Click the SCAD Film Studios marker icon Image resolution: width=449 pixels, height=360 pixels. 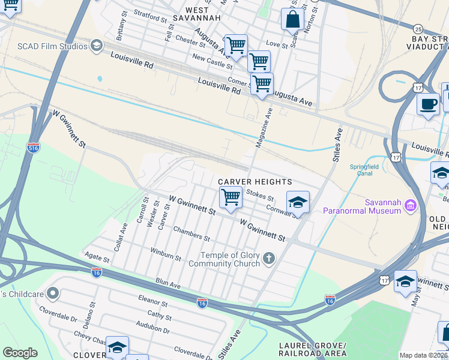[x=96, y=46]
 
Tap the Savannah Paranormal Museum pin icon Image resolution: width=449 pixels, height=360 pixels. [x=411, y=205]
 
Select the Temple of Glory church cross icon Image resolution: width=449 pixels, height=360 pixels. [x=268, y=259]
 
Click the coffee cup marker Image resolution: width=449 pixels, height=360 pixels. [x=428, y=103]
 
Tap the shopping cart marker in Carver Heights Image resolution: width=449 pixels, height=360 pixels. [x=231, y=197]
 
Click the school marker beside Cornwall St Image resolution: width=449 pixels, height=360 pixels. [x=297, y=202]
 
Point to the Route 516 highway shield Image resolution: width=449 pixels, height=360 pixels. [x=34, y=147]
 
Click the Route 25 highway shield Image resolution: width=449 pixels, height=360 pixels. [x=419, y=28]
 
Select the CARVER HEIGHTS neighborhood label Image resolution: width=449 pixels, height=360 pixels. [x=255, y=182]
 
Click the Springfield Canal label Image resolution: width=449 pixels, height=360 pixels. [x=360, y=170]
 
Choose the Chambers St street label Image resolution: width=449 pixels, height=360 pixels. [x=190, y=233]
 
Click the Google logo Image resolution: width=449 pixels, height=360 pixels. [x=20, y=353]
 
